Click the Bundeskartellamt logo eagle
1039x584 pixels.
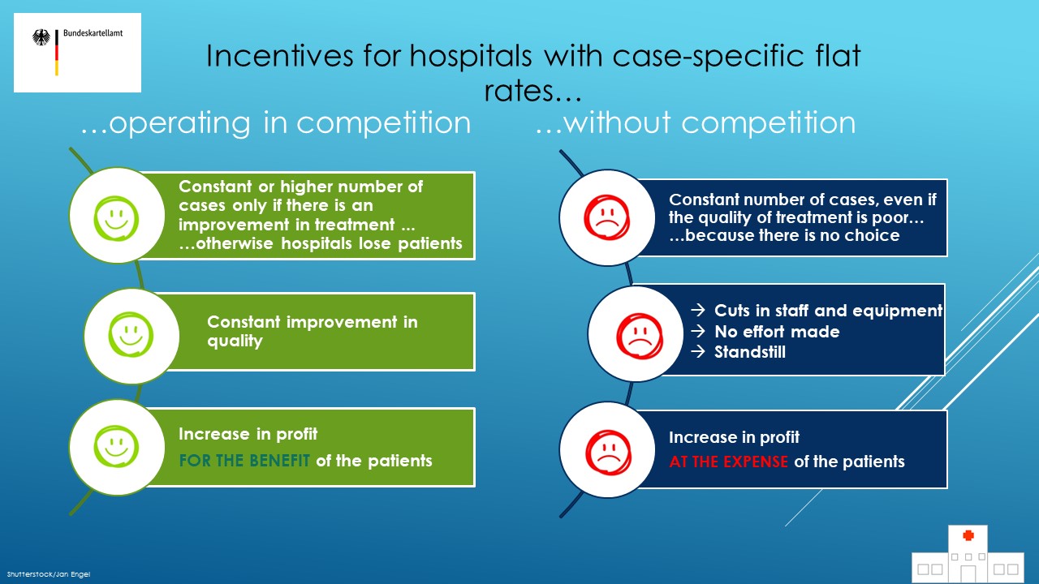coord(41,37)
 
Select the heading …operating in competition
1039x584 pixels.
coord(276,122)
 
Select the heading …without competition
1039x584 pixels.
coord(695,122)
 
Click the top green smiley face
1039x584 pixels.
coord(117,216)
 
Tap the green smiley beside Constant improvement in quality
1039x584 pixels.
coord(131,336)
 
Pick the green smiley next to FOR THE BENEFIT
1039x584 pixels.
coord(117,447)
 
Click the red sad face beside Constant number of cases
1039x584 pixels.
coord(607,218)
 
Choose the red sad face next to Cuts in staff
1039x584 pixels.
coord(636,333)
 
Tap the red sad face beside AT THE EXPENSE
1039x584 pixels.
coord(607,450)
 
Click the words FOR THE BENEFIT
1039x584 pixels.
coord(244,462)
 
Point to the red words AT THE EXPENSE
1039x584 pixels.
coord(728,462)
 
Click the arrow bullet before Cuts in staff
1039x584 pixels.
coord(696,311)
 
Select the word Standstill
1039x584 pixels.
coord(749,353)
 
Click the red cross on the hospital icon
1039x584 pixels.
coord(967,535)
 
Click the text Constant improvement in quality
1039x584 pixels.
coord(312,331)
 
